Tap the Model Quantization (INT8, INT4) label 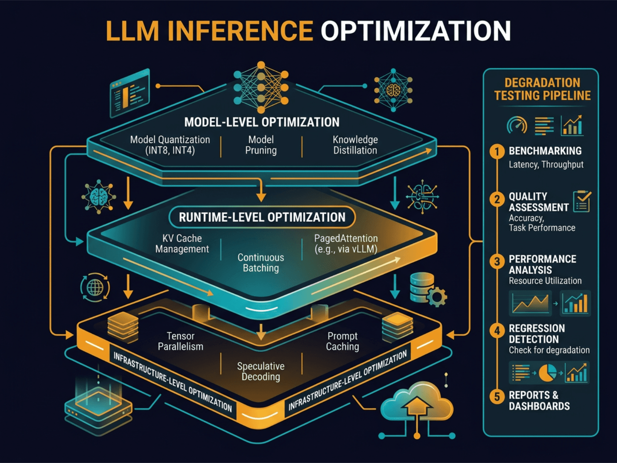click(170, 145)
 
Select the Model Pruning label click(261, 145)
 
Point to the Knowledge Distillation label click(355, 145)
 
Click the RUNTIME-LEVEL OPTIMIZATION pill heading click(262, 217)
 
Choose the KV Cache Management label click(182, 244)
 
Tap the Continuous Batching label click(261, 263)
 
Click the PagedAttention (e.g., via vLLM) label click(346, 244)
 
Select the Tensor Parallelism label click(180, 341)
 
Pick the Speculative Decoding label click(261, 371)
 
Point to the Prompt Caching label click(342, 341)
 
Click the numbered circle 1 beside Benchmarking click(497, 151)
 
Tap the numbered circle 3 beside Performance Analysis click(497, 262)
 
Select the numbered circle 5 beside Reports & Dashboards click(497, 396)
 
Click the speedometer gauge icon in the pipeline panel click(517, 125)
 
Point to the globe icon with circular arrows click(95, 287)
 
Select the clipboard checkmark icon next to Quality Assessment click(582, 201)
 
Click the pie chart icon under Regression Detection click(547, 373)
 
